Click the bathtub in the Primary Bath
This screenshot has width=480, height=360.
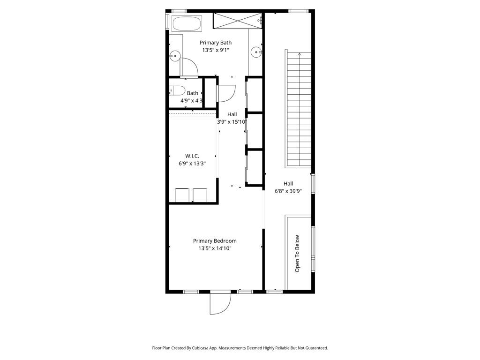(187, 23)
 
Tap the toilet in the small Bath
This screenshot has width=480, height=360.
(177, 90)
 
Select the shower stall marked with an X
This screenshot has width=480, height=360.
(238, 21)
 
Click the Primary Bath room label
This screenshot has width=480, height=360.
(216, 43)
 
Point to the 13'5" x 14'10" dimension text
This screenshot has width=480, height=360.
(215, 248)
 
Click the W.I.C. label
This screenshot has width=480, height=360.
(192, 156)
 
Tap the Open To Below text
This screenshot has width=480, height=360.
(297, 254)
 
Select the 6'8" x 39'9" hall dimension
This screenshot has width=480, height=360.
(288, 191)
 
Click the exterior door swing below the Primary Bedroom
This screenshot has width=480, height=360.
(220, 303)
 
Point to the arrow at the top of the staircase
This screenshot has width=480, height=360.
(299, 55)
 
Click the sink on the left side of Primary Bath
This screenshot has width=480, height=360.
(174, 56)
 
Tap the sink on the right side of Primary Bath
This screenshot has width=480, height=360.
(256, 52)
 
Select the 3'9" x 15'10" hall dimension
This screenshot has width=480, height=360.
(232, 122)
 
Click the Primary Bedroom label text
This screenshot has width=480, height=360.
(215, 241)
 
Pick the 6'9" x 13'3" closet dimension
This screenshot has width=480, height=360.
(192, 164)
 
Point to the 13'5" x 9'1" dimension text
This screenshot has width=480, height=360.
(216, 50)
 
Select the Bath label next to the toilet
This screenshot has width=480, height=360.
(192, 93)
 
